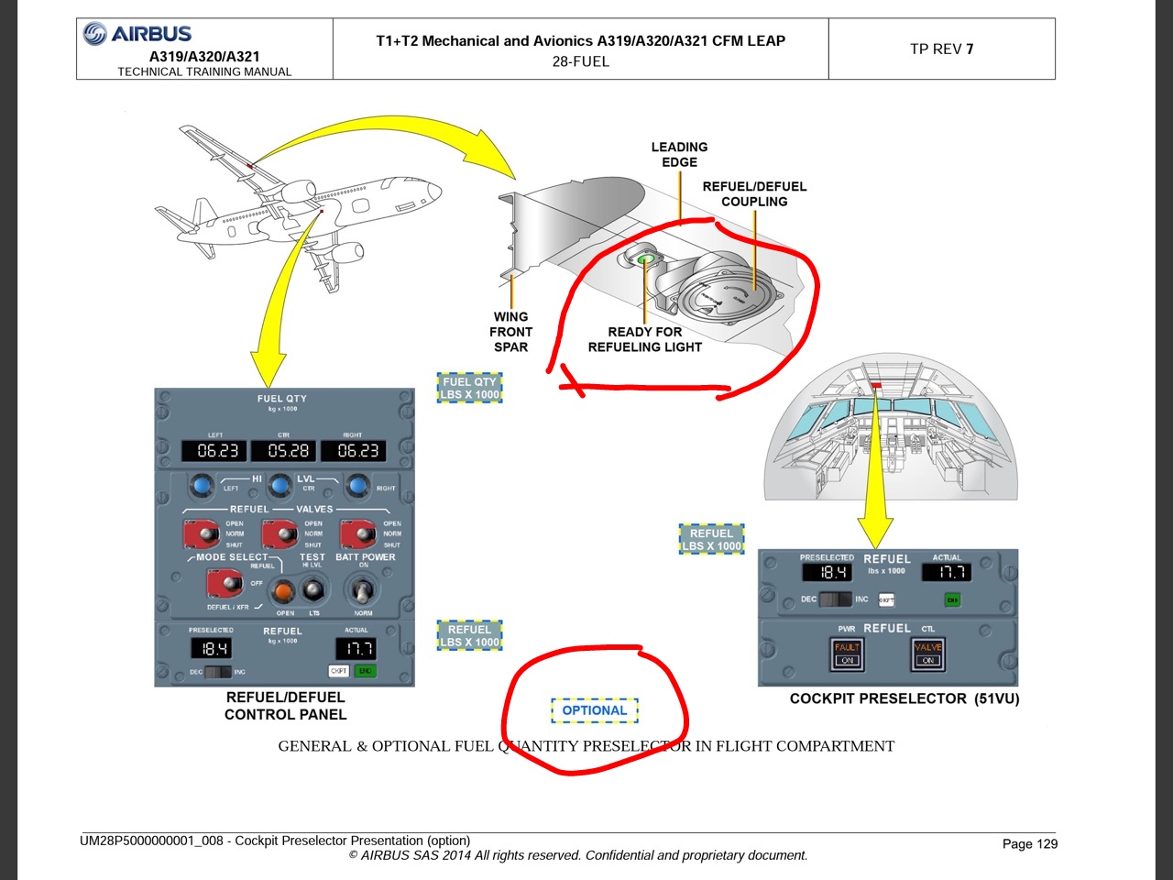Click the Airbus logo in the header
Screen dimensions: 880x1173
click(137, 34)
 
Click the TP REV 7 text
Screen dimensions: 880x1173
click(941, 49)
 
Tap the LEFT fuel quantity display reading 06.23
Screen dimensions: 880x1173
click(217, 451)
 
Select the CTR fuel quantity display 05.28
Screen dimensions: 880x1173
click(288, 451)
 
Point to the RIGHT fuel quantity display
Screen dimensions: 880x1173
click(357, 451)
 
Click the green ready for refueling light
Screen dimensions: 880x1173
click(646, 260)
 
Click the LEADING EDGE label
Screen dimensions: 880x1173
click(679, 154)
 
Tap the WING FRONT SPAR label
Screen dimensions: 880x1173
click(510, 332)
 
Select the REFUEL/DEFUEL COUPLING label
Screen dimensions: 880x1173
click(754, 193)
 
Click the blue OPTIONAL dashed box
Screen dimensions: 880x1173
click(595, 710)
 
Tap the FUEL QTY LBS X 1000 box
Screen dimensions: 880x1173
click(470, 388)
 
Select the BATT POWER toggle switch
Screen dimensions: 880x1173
click(360, 588)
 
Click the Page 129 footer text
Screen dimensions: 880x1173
click(1029, 843)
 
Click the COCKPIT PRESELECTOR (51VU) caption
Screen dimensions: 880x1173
click(904, 698)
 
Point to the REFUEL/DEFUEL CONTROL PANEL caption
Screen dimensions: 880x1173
click(285, 706)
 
